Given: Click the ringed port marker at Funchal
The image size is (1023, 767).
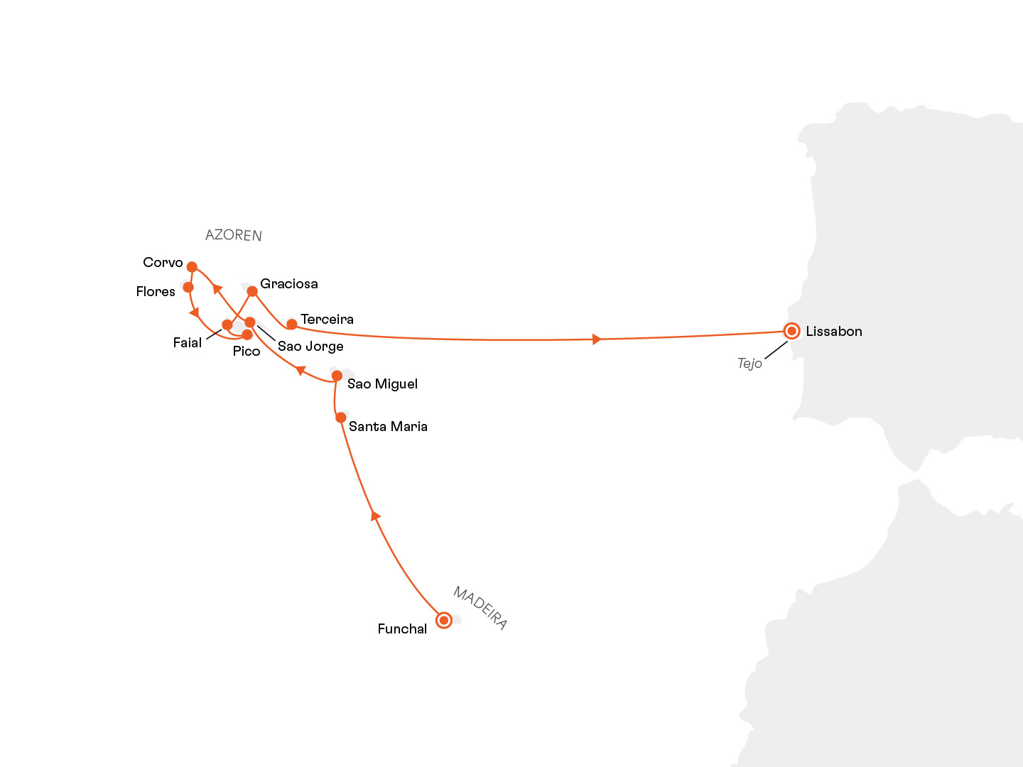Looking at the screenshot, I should click(443, 620).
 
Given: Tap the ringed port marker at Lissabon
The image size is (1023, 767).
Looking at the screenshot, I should click(791, 331).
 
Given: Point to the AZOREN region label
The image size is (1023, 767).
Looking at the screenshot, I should click(234, 235).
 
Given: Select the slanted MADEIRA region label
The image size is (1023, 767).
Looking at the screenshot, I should click(480, 608).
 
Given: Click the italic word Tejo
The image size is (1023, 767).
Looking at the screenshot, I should click(749, 364).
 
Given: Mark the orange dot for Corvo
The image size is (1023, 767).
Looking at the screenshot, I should click(192, 267).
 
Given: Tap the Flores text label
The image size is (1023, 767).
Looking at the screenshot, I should click(156, 292).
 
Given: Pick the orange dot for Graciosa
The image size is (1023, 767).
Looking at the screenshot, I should click(251, 291).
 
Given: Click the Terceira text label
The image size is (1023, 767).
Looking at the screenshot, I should click(327, 320).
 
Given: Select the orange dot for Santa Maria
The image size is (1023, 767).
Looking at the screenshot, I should click(341, 418).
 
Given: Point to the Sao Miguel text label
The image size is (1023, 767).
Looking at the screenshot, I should click(382, 384).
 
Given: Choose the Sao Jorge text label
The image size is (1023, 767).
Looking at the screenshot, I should click(310, 347).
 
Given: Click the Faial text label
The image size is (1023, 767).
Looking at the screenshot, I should click(188, 343).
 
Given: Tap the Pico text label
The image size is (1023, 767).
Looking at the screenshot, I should click(247, 352).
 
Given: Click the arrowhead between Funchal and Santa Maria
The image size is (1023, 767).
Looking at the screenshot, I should click(376, 516).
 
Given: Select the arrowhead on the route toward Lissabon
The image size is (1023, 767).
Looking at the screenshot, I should click(597, 339).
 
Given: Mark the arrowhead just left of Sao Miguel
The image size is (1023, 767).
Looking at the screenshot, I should click(301, 371).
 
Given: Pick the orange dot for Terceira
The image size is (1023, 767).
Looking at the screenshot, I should click(291, 325).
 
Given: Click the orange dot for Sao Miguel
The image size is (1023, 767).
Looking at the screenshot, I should click(337, 376).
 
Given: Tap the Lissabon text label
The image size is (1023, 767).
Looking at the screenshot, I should click(834, 332).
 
